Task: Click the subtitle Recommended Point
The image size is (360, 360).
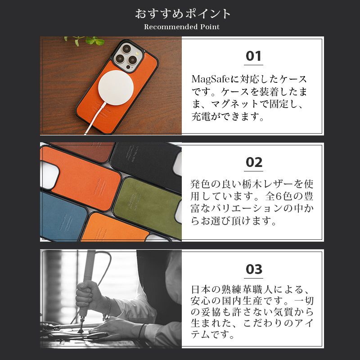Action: [182, 27]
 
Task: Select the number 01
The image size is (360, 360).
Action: [254, 56]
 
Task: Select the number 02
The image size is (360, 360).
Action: [254, 162]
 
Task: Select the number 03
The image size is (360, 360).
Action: [254, 270]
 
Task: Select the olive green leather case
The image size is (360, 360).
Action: [146, 200]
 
